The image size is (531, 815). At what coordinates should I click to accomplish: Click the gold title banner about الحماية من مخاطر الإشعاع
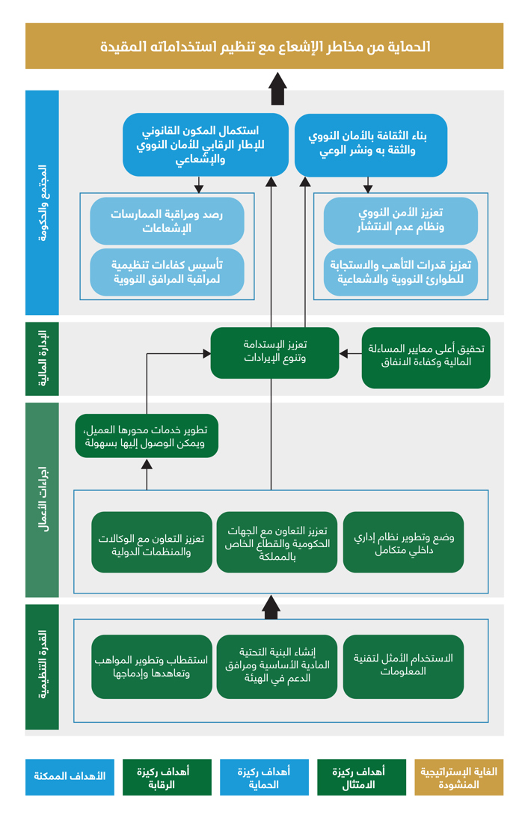(x=265, y=46)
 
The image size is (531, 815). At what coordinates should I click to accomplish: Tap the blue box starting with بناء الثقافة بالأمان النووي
(x=371, y=144)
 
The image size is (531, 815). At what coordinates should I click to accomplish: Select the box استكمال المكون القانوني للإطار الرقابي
(x=205, y=144)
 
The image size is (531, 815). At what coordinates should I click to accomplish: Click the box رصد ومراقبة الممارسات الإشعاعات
(x=167, y=221)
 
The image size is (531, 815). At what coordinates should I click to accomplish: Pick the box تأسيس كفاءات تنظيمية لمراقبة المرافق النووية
(x=167, y=272)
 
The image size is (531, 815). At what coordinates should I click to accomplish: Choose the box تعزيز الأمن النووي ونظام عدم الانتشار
(x=401, y=221)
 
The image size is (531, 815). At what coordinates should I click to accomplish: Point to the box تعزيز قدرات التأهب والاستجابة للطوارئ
(x=401, y=272)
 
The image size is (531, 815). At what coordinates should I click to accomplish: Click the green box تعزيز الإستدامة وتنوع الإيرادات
(x=274, y=352)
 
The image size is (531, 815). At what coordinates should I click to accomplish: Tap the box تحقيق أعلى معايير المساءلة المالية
(x=426, y=357)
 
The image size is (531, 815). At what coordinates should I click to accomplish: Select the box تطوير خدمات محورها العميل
(x=147, y=436)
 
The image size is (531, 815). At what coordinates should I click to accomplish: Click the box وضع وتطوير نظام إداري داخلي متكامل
(x=403, y=543)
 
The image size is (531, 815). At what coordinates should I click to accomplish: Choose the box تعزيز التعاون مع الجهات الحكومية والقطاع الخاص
(x=277, y=543)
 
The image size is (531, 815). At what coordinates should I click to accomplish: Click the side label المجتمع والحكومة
(x=42, y=202)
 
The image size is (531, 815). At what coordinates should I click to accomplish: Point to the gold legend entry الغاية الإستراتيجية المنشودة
(x=459, y=777)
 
